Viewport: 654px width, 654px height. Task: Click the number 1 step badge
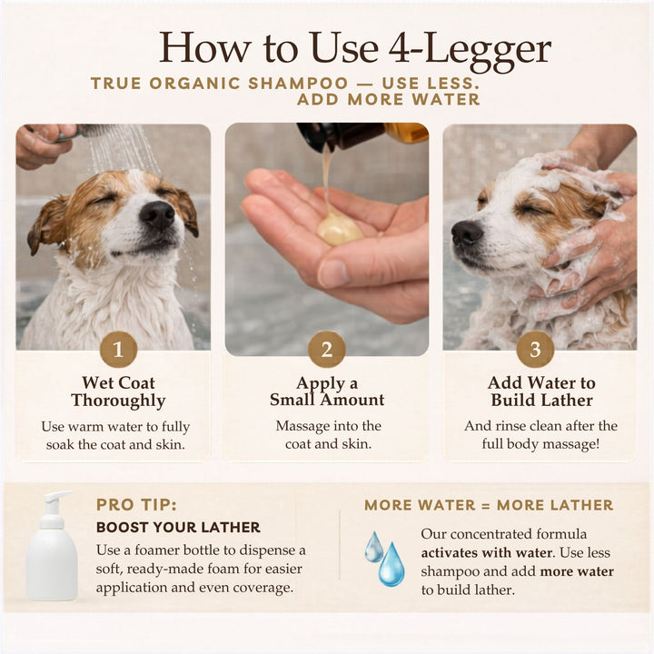point(118,350)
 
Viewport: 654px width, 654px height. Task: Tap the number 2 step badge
point(327,350)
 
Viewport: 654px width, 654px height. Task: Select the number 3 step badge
point(535,350)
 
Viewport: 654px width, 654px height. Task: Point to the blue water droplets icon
point(385,557)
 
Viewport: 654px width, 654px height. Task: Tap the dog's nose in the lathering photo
point(467,233)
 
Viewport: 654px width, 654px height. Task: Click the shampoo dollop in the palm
point(340,228)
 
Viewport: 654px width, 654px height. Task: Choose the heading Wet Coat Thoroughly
point(118,391)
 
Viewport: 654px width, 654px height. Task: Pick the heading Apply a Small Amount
point(327,391)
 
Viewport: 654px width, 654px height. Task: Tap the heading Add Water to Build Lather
point(541,391)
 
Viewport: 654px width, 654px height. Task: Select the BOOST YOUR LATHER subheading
point(178,527)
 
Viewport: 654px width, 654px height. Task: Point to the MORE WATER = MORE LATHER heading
point(489,505)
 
